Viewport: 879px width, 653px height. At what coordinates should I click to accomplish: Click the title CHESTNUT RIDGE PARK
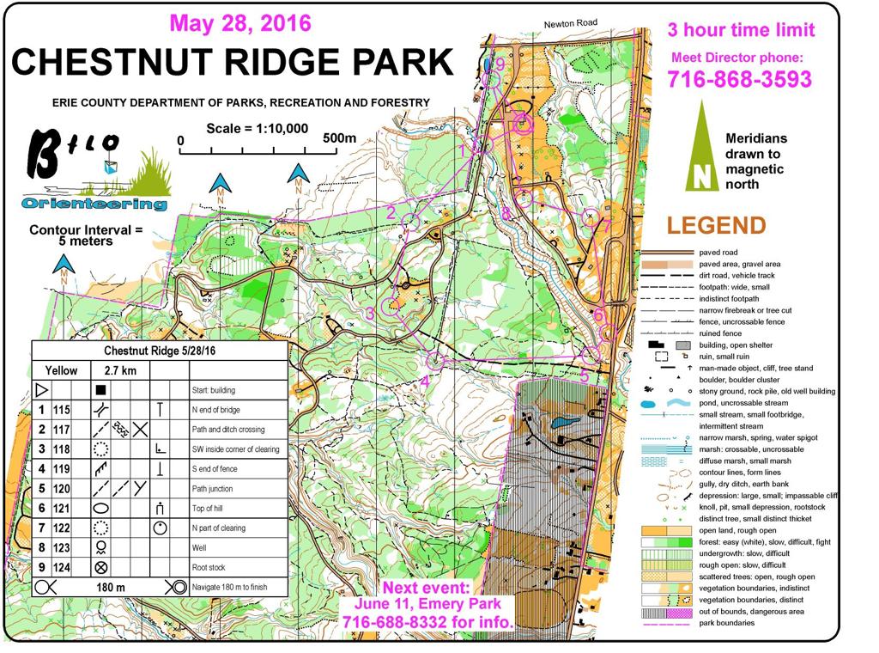232,63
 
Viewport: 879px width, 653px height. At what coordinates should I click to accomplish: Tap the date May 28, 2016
240,21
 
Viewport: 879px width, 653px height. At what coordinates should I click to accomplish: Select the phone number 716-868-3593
739,80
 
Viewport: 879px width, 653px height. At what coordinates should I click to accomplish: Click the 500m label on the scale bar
340,139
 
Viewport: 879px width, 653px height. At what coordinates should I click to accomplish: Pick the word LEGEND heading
716,226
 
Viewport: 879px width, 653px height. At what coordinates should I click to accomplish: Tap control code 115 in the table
61,409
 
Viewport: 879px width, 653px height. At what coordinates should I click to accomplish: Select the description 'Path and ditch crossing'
227,429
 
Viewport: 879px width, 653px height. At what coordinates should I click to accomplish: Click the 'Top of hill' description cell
212,509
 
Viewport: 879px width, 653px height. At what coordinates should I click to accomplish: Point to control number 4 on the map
425,380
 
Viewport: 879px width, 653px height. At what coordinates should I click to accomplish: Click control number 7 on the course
606,227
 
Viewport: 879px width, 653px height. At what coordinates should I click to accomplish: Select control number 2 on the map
391,212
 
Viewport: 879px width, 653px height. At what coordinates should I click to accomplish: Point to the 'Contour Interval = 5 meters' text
84,235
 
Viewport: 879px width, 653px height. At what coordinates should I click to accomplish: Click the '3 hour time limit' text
740,31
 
